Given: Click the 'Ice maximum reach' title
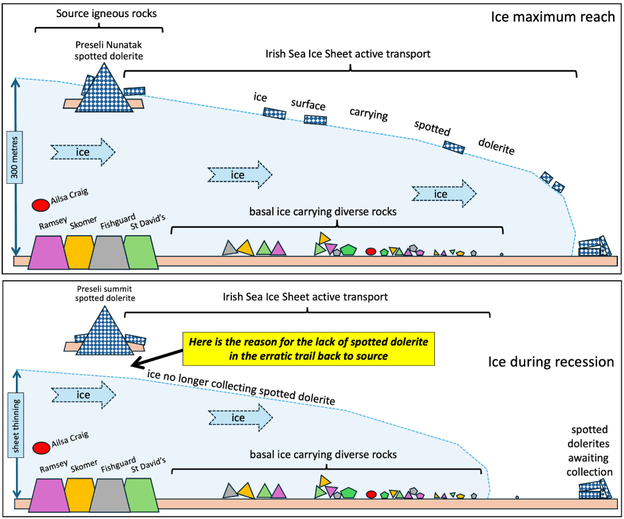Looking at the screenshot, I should (x=553, y=16).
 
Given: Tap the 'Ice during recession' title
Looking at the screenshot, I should (x=551, y=361).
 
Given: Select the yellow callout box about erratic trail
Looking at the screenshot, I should (x=308, y=349).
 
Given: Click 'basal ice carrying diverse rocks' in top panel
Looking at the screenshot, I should (x=323, y=212).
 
